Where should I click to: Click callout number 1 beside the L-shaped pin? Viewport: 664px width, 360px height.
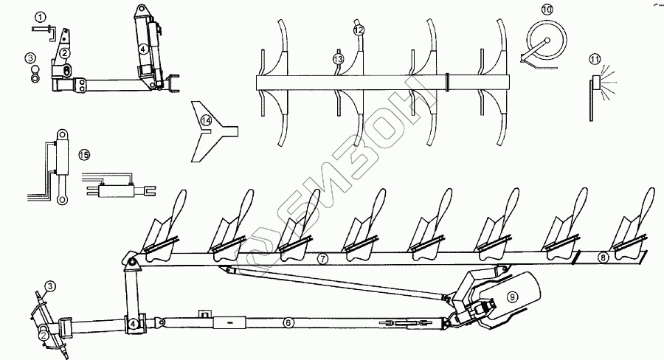pos(41,16)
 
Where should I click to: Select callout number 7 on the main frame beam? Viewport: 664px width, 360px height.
pos(322,260)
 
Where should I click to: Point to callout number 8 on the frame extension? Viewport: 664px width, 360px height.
pos(603,257)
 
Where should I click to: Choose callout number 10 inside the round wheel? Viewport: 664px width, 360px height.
pos(547,10)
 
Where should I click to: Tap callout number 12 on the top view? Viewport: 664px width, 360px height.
pos(359,30)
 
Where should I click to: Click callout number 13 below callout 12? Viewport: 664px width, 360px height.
pos(338,58)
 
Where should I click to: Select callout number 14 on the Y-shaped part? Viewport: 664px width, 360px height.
pos(207,120)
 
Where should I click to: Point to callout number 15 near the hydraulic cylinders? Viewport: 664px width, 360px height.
pos(84,154)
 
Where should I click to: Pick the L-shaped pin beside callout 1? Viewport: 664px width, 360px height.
pos(44,29)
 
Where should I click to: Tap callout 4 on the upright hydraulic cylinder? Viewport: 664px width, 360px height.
pos(145,49)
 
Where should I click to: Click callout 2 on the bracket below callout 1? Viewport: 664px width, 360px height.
pos(65,53)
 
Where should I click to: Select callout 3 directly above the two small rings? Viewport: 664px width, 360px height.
pos(30,57)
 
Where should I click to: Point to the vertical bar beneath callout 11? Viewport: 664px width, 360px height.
pos(592,99)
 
